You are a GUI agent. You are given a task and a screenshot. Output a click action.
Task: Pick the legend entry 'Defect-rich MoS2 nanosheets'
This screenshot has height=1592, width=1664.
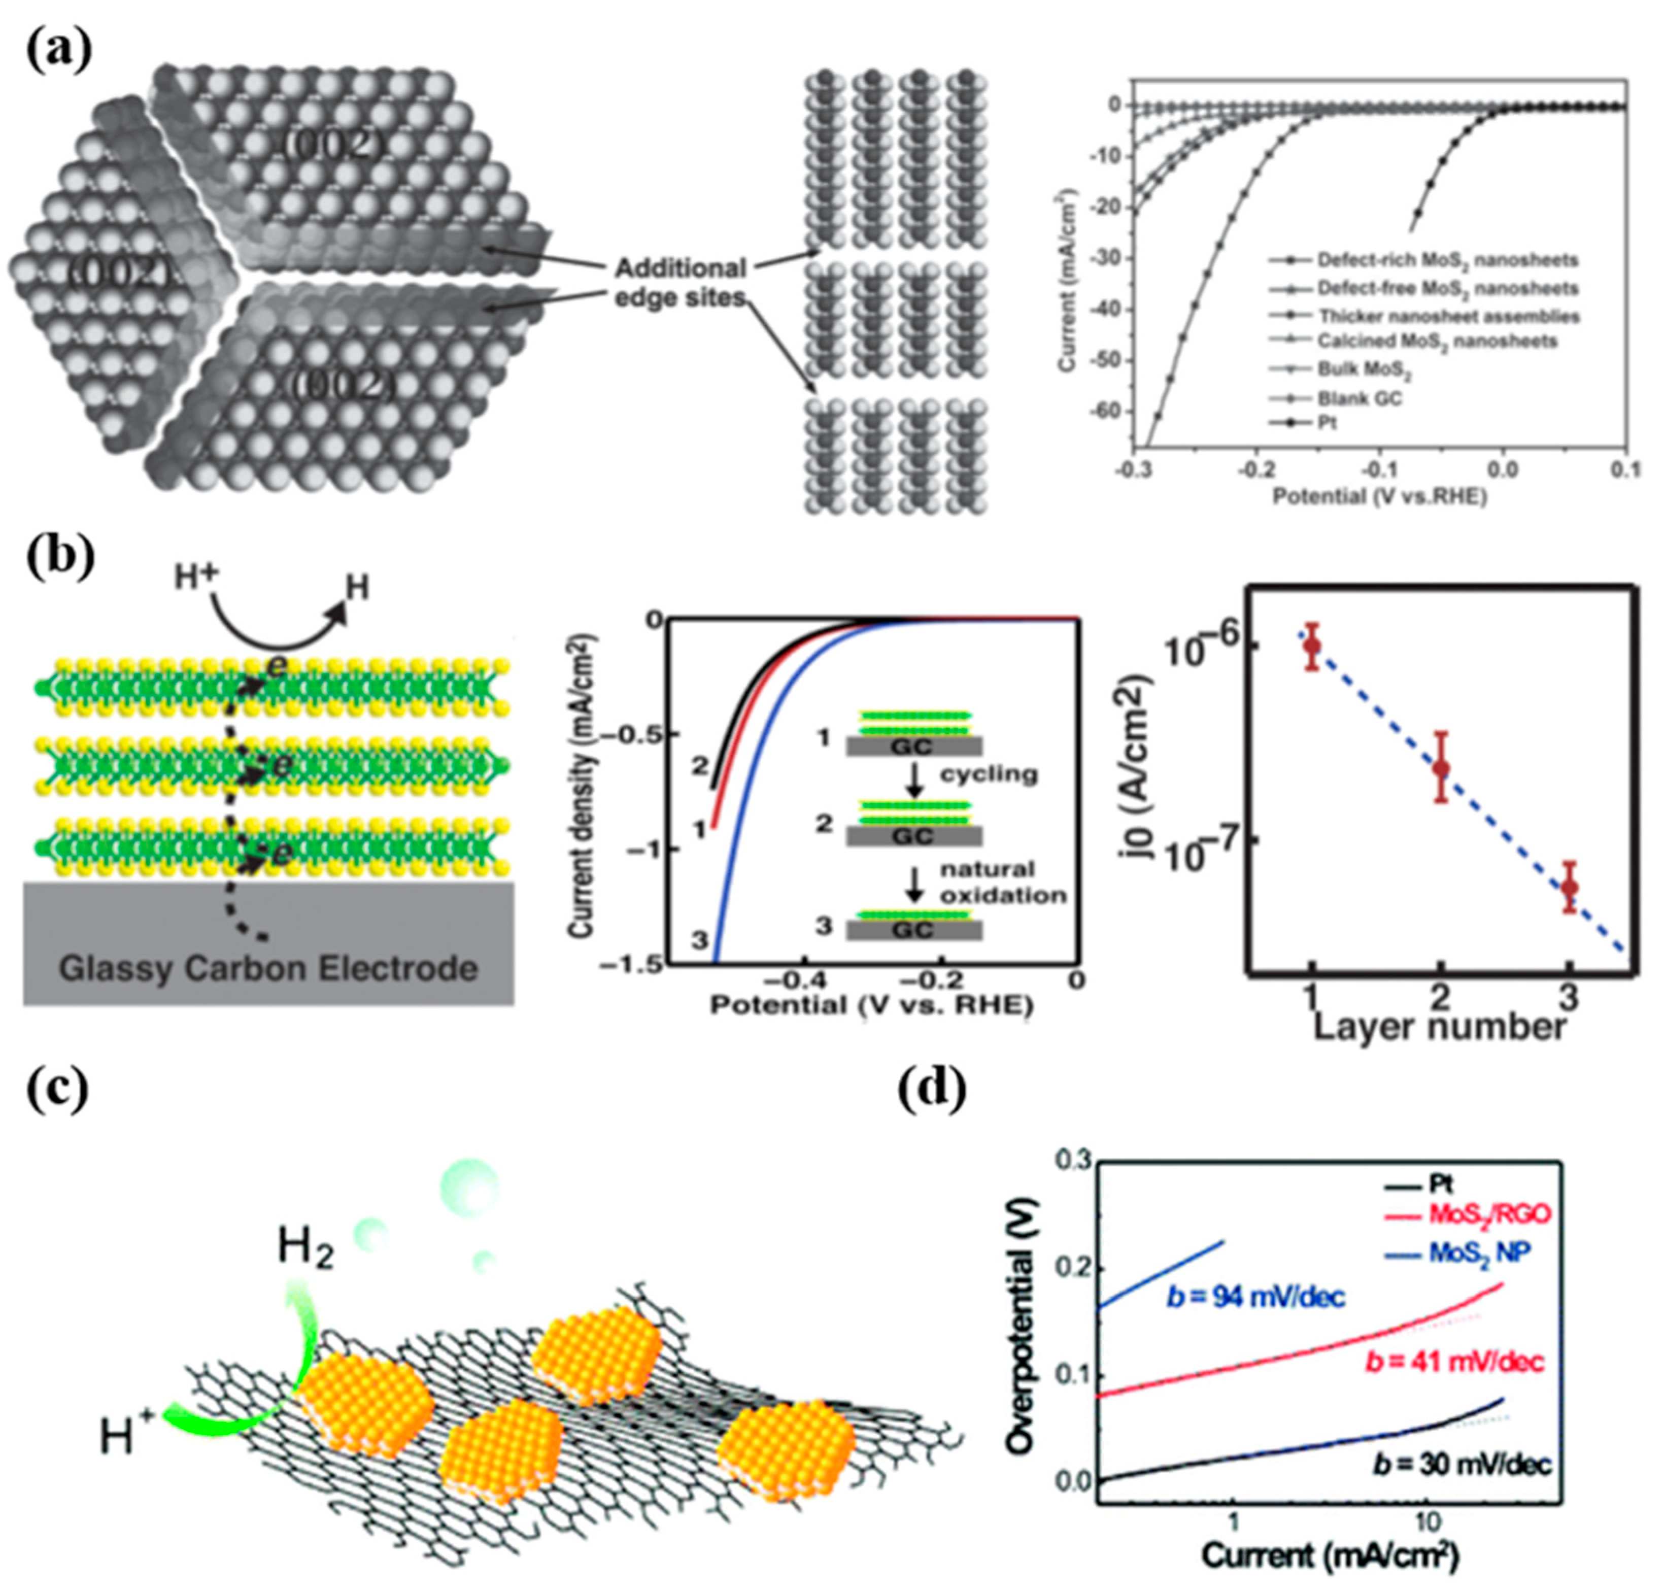pyautogui.click(x=1447, y=260)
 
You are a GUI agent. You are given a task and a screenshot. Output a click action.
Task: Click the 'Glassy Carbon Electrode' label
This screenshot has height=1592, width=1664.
pyautogui.click(x=268, y=968)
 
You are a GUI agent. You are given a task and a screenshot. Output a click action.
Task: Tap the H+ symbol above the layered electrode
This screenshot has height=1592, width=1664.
pyautogui.click(x=195, y=577)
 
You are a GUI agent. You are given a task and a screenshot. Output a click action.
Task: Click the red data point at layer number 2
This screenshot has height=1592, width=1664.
pyautogui.click(x=1440, y=767)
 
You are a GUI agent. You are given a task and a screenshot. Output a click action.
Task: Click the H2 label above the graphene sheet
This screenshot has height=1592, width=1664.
pyautogui.click(x=304, y=1249)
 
